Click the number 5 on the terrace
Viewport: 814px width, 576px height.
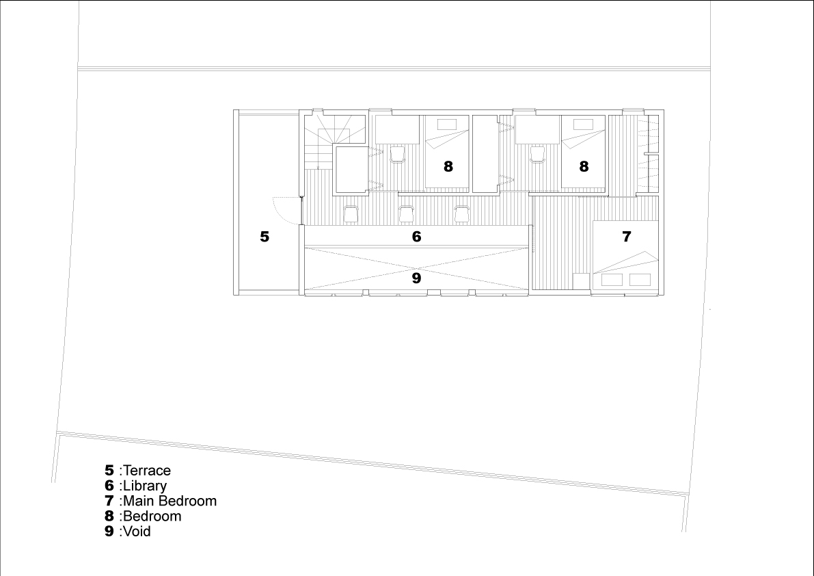tap(264, 237)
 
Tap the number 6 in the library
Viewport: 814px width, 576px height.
tap(416, 237)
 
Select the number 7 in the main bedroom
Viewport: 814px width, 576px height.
tap(627, 237)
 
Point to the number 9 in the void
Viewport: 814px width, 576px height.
tap(416, 278)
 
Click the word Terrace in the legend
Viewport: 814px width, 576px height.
tap(147, 471)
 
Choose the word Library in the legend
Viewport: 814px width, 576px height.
tap(145, 486)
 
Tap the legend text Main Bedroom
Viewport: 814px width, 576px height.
tap(169, 501)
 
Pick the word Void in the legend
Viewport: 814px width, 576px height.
tap(137, 532)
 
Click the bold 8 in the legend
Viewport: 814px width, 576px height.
tap(109, 516)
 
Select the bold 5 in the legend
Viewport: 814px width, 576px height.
tap(109, 471)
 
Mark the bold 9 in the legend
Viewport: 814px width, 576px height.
tap(109, 532)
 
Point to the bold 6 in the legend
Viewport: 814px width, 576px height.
tap(109, 486)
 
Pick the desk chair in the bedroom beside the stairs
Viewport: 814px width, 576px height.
tap(397, 154)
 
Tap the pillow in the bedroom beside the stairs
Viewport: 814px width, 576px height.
tap(447, 125)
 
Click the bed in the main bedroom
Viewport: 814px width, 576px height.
tap(625, 255)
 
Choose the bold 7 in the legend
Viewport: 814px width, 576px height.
tap(109, 501)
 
